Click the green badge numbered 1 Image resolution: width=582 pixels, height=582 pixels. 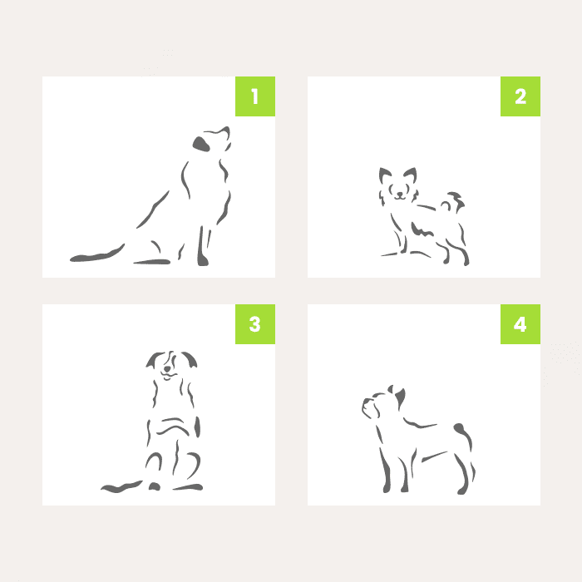(255, 96)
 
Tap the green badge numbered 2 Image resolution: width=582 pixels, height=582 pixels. (520, 96)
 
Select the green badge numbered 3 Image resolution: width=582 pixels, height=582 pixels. (255, 324)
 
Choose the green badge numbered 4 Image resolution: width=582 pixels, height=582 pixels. (520, 324)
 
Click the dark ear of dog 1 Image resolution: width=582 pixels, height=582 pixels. (201, 144)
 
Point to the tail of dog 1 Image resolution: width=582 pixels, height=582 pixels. (97, 255)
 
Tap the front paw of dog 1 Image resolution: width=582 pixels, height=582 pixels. (203, 259)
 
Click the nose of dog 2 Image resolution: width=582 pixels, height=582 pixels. (399, 194)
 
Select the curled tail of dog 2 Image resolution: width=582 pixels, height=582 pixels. (454, 202)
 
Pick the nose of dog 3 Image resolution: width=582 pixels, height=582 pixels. (167, 369)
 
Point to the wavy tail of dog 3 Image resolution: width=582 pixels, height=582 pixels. (121, 486)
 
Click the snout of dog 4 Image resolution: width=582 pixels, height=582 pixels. (368, 406)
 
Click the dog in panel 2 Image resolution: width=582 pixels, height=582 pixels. (424, 216)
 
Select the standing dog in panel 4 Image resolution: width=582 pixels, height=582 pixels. (419, 440)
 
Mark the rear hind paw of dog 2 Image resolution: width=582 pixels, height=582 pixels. (466, 263)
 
